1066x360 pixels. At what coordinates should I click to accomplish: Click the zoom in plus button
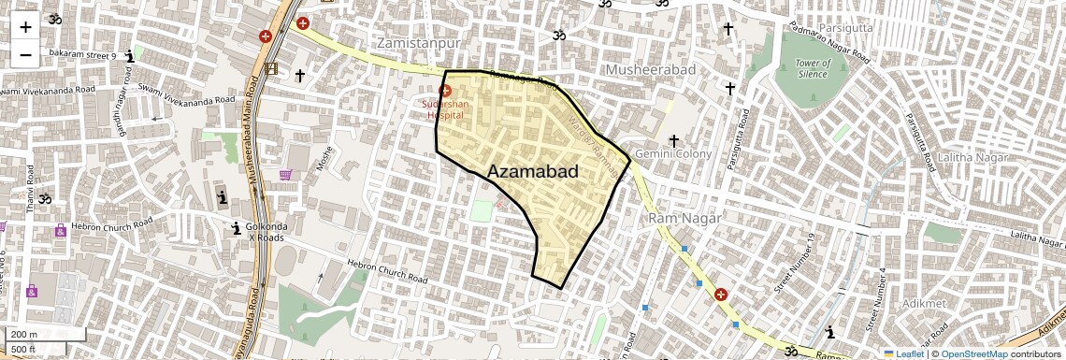(x=25, y=27)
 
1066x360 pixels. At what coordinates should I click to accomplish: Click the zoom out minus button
(x=25, y=55)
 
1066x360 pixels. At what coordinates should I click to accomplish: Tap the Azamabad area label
(x=533, y=171)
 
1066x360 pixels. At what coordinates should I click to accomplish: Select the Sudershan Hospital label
(x=445, y=109)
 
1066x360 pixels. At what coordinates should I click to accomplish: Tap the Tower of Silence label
(x=813, y=68)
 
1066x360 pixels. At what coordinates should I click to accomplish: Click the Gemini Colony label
(x=673, y=153)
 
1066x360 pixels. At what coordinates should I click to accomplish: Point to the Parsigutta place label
(x=845, y=27)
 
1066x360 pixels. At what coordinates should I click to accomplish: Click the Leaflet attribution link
(x=903, y=354)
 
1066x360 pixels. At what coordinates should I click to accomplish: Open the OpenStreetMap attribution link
(x=974, y=354)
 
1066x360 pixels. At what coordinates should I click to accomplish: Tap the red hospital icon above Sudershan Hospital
(x=445, y=92)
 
